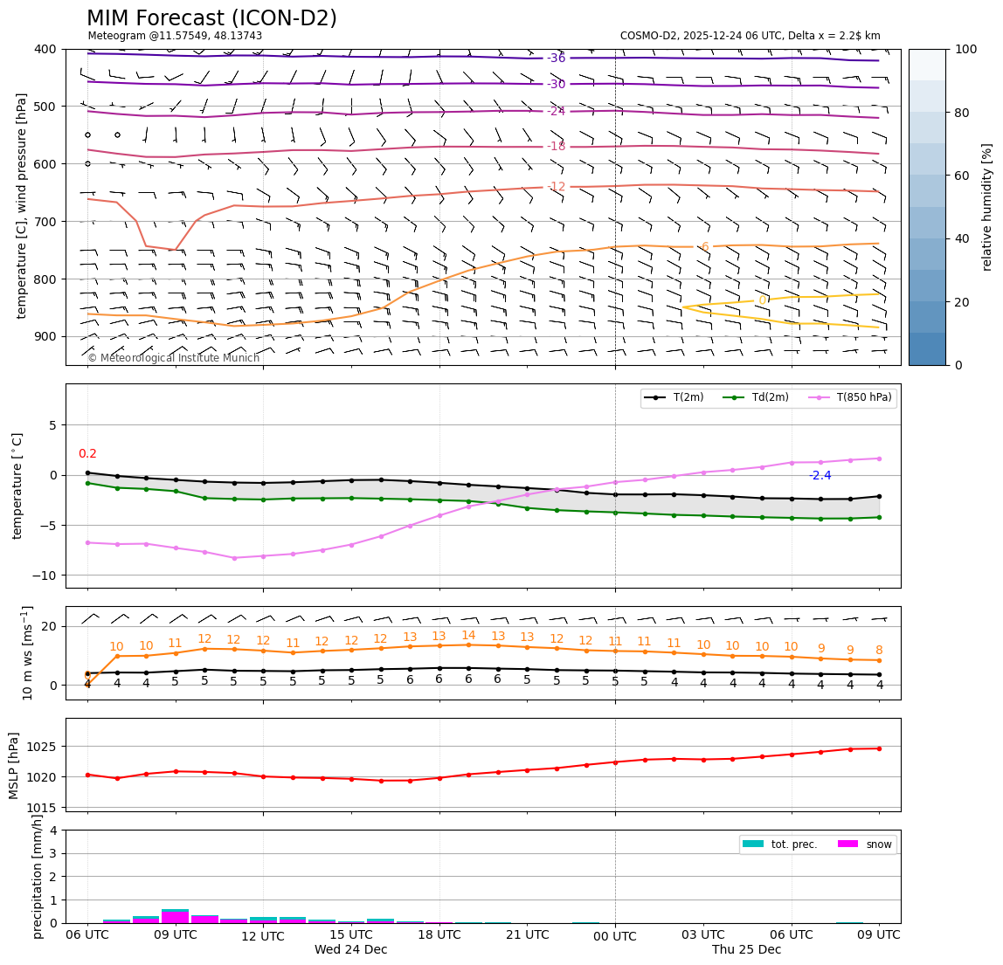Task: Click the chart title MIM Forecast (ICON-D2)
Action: tap(211, 18)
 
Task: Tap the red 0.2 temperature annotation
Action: tap(87, 454)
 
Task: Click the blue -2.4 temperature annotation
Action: tap(820, 476)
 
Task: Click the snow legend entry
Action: tap(878, 844)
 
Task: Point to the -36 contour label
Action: tap(557, 59)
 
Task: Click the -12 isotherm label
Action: tap(557, 187)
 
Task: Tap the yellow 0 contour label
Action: tap(762, 300)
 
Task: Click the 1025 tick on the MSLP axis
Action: tap(43, 747)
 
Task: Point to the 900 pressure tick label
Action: tap(45, 337)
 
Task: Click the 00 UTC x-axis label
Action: tap(615, 935)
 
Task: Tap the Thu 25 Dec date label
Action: tap(746, 950)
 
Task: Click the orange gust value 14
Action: tap(468, 636)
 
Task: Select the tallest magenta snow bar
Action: tap(175, 916)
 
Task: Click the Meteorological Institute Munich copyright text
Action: tap(173, 358)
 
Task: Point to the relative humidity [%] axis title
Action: tap(987, 207)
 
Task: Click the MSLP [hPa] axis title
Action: tap(14, 765)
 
